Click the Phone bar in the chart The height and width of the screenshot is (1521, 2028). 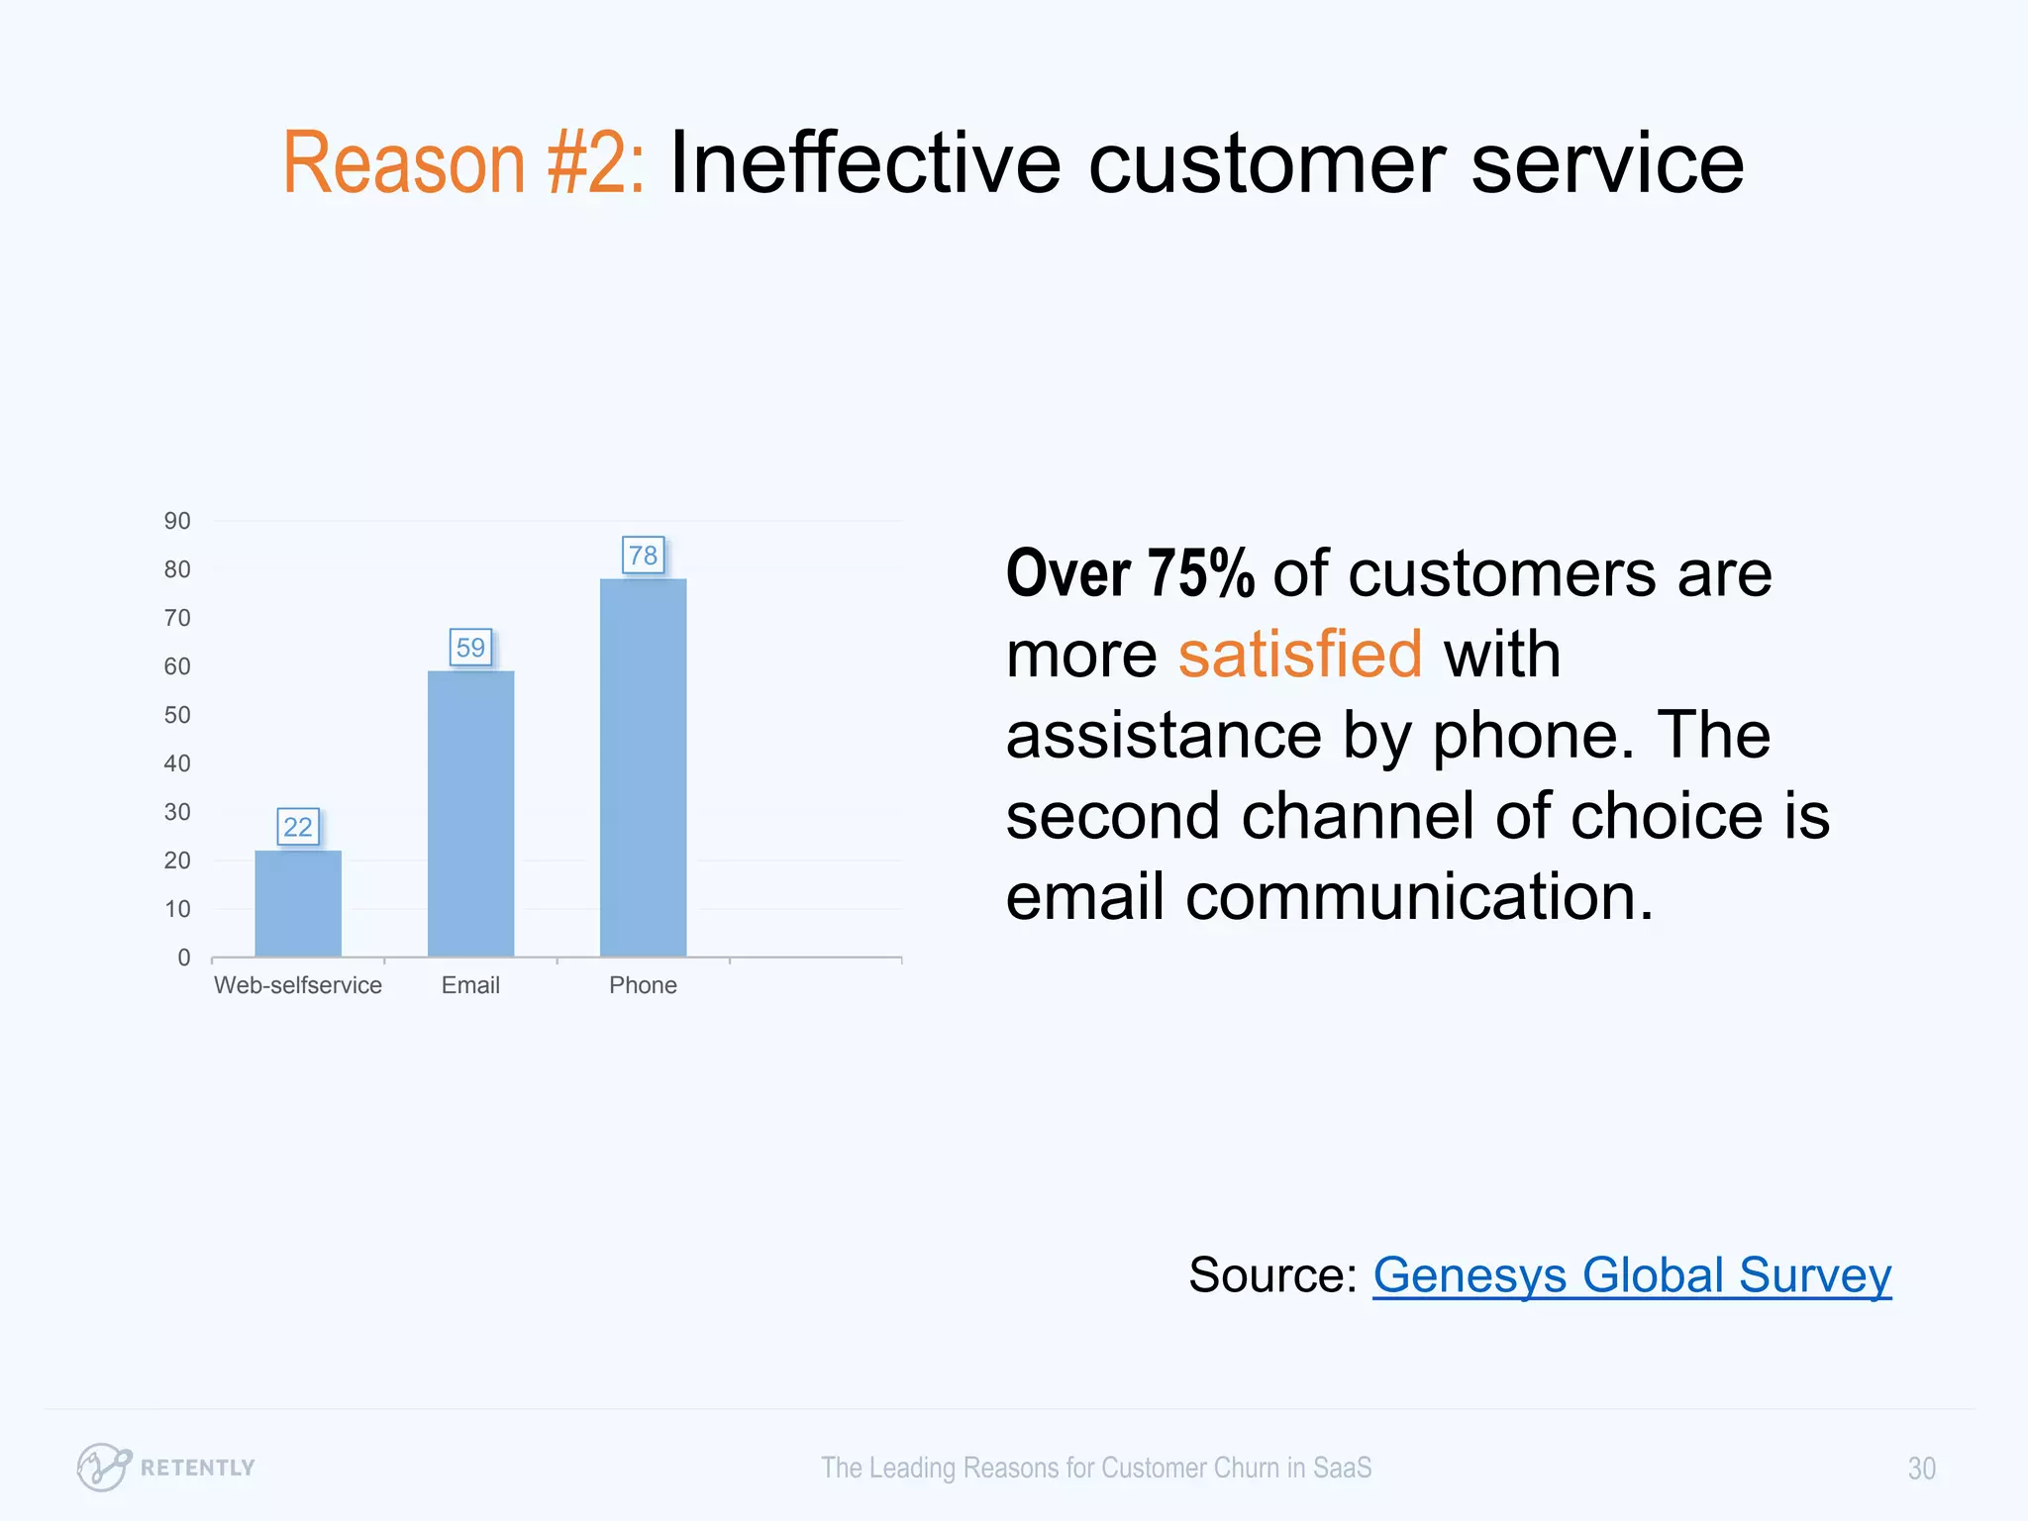[x=643, y=767]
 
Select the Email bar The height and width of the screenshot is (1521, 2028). [x=470, y=813]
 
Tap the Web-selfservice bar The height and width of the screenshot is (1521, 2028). [x=298, y=903]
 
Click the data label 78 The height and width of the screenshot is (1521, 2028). [x=643, y=556]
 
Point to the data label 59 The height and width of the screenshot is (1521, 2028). [x=470, y=648]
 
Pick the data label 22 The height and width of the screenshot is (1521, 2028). [x=298, y=827]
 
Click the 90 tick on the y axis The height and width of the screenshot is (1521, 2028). [x=177, y=521]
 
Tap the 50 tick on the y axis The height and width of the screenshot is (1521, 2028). [x=177, y=715]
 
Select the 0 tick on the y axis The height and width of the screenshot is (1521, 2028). [x=184, y=958]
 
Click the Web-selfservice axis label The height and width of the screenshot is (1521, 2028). [x=298, y=985]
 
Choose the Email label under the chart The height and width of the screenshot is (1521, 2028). [x=470, y=985]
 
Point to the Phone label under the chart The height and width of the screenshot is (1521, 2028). [x=643, y=985]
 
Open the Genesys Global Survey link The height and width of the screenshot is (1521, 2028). [x=1631, y=1275]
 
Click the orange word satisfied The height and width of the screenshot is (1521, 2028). [x=1299, y=655]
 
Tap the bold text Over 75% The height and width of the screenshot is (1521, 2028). [x=1130, y=574]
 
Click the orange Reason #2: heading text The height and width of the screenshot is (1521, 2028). [x=463, y=163]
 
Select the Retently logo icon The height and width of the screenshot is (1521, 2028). [x=103, y=1467]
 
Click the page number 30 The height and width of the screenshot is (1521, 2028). [x=1921, y=1469]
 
